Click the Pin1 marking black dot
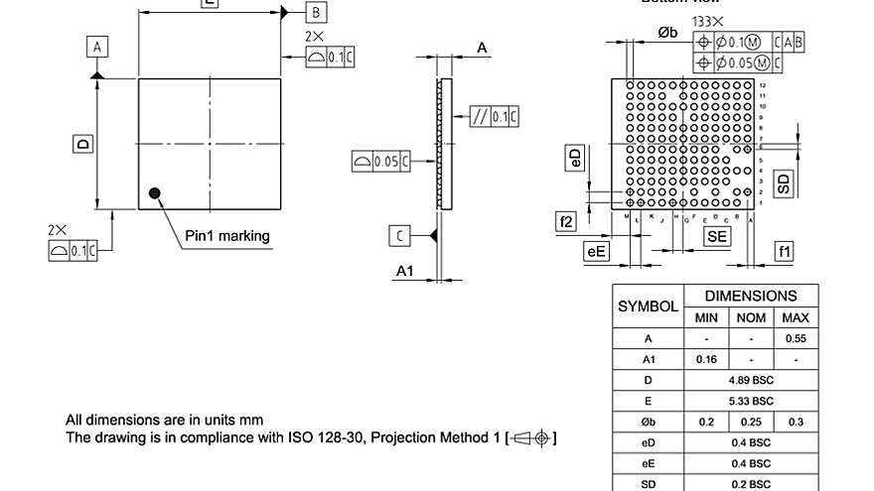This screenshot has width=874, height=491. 154,192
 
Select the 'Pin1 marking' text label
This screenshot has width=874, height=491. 227,236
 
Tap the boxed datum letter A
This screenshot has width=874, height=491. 96,47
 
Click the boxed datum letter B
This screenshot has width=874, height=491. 315,12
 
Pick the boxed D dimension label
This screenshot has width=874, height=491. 82,145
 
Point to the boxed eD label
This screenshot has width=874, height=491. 574,159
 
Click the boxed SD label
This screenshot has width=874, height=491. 785,183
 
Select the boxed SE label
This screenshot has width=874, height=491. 716,235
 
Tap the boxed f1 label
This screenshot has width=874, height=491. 785,252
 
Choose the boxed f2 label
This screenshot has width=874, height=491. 566,222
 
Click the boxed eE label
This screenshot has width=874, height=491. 596,252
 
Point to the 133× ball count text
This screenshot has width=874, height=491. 708,21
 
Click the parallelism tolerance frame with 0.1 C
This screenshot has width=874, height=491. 495,117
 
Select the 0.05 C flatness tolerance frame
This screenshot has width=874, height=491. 381,161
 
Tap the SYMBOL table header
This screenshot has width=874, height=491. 648,307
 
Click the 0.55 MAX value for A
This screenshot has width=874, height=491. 796,338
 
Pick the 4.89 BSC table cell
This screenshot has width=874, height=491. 751,380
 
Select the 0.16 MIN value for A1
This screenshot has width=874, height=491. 706,359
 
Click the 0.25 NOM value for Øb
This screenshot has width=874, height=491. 751,422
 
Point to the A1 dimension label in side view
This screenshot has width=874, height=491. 405,271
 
